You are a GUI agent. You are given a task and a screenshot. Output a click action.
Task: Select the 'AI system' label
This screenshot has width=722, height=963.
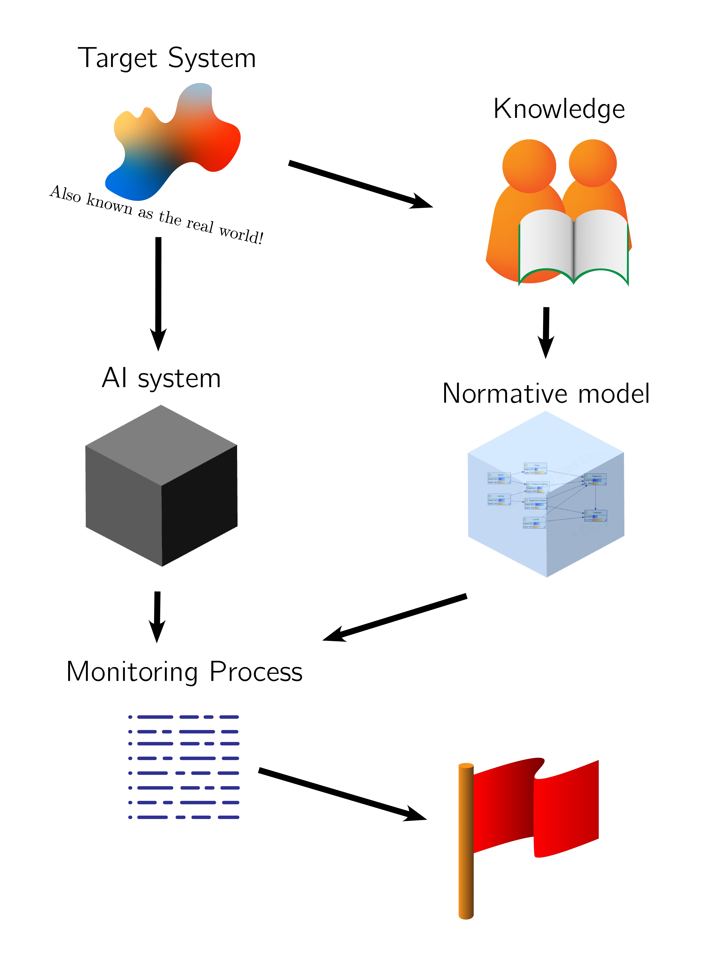pyautogui.click(x=161, y=378)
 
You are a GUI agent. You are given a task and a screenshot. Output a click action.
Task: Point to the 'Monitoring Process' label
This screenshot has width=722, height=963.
pyautogui.click(x=184, y=672)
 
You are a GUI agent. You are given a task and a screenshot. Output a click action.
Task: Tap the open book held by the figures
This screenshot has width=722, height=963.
pyautogui.click(x=574, y=246)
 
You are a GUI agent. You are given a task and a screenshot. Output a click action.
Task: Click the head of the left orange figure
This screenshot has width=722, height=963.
pyautogui.click(x=529, y=165)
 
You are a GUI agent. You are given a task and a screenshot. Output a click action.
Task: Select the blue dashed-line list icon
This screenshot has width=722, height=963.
pyautogui.click(x=184, y=766)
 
